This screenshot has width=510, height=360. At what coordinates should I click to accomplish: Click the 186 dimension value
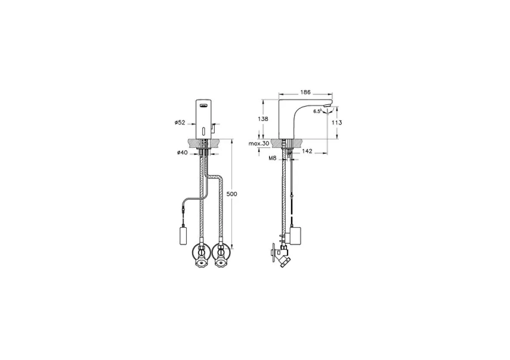tap(305, 93)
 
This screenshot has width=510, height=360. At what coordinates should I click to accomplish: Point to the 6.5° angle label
tap(317, 111)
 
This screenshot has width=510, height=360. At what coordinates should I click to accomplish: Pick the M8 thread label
tap(273, 159)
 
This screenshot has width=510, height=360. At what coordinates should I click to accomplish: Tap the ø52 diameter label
tap(180, 122)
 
